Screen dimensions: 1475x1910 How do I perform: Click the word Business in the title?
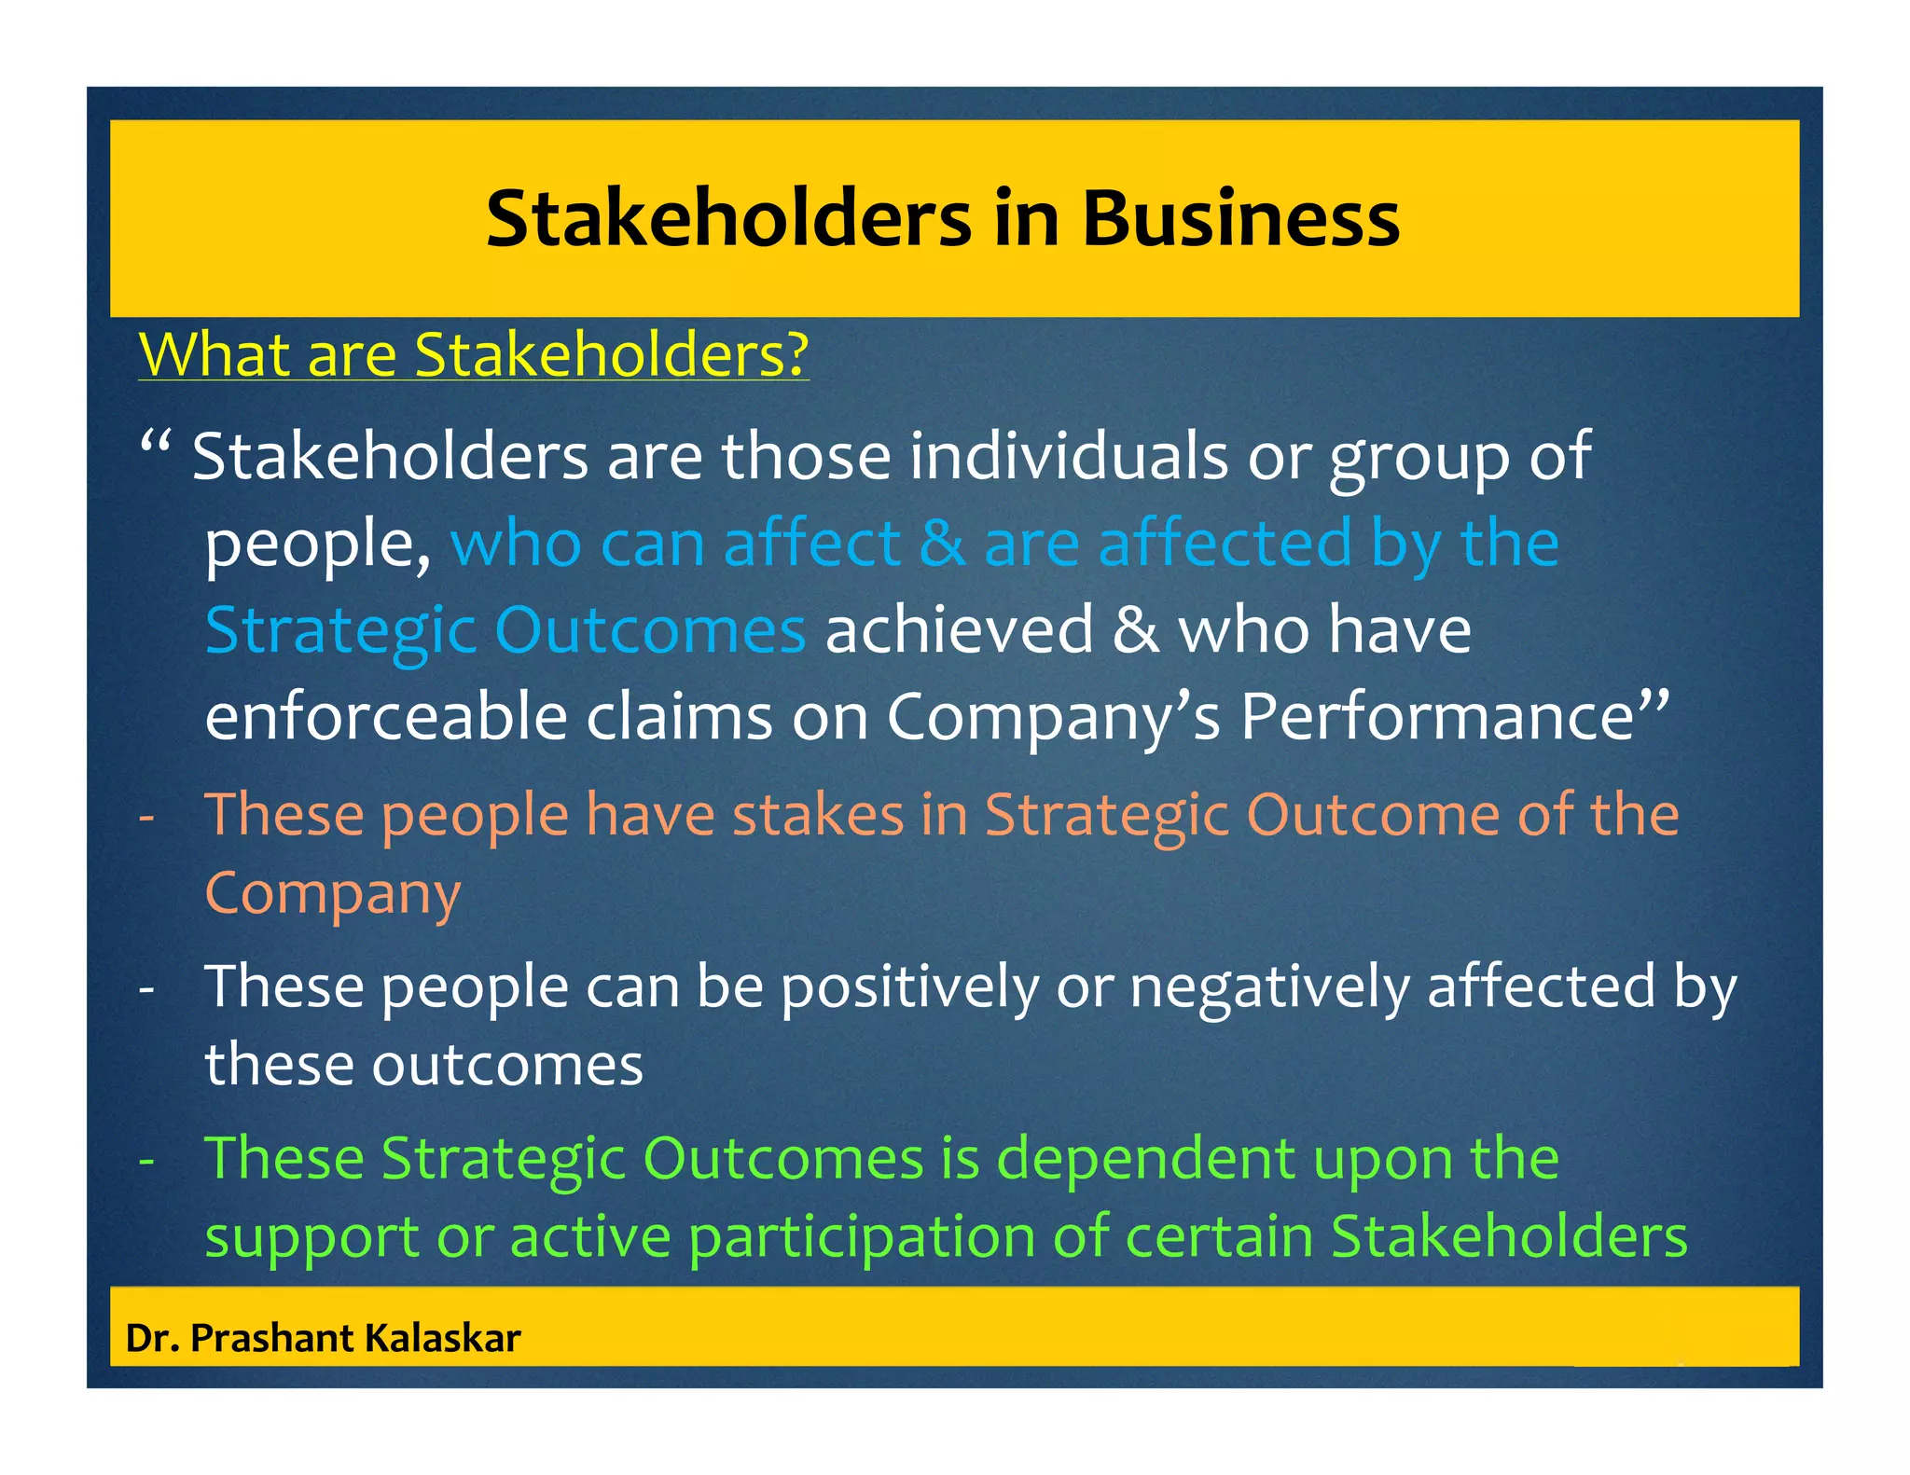[1240, 219]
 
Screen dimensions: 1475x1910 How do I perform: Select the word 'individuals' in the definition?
[1069, 457]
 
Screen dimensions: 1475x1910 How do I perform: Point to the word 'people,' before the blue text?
[317, 545]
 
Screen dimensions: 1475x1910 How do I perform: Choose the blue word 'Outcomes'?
[650, 630]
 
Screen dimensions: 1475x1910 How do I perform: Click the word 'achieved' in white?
[959, 630]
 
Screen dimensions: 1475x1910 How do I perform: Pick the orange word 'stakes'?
[818, 815]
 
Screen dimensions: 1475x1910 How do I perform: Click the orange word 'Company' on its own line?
[333, 894]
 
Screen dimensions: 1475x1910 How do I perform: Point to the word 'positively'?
[909, 987]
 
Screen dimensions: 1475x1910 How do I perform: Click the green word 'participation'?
[863, 1238]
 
